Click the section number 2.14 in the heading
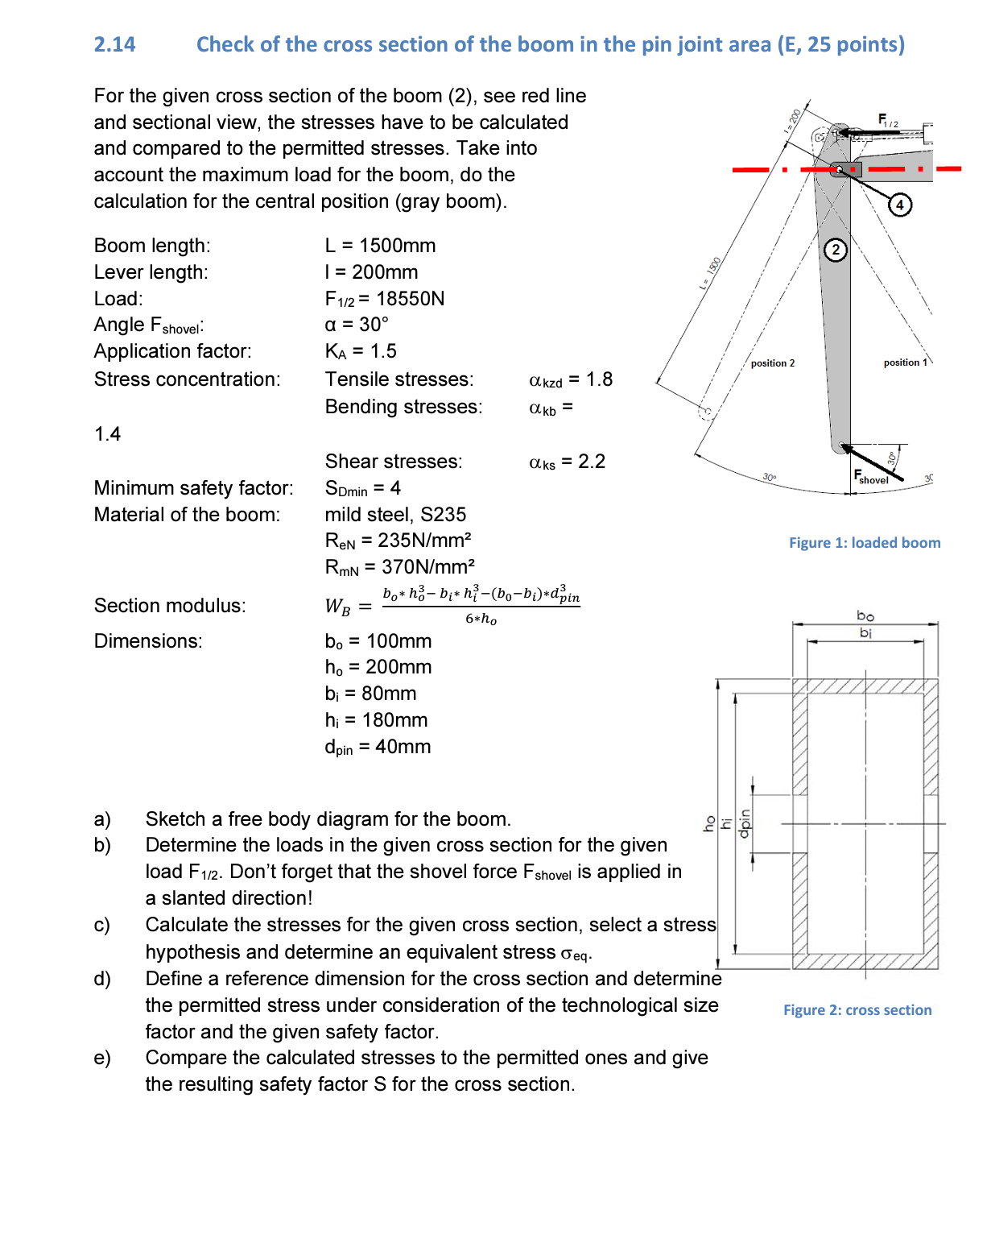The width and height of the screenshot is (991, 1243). pyautogui.click(x=114, y=44)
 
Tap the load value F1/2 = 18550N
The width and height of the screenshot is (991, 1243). pyautogui.click(x=384, y=299)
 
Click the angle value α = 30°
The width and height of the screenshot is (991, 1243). pyautogui.click(x=356, y=325)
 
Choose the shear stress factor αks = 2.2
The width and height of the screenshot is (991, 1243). pyautogui.click(x=567, y=462)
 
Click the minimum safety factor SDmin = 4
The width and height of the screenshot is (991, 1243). pyautogui.click(x=362, y=488)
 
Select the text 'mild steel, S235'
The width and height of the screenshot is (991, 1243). pyautogui.click(x=395, y=515)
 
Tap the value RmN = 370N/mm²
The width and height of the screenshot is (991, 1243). pyautogui.click(x=399, y=567)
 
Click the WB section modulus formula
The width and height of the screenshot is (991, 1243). pyautogui.click(x=452, y=606)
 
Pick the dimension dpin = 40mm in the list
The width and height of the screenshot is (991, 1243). pyautogui.click(x=378, y=747)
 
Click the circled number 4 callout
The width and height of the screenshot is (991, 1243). pyautogui.click(x=899, y=205)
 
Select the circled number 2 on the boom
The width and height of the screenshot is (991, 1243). pyautogui.click(x=836, y=250)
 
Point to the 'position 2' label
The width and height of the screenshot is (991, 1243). pyautogui.click(x=772, y=363)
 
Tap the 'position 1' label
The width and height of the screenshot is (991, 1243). pyautogui.click(x=905, y=363)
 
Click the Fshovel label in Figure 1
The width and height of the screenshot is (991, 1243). pyautogui.click(x=871, y=478)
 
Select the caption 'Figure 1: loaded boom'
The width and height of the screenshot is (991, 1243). pyautogui.click(x=864, y=543)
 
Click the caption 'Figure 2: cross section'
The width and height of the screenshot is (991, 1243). pyautogui.click(x=857, y=1010)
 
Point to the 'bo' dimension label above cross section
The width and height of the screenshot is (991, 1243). pyautogui.click(x=865, y=616)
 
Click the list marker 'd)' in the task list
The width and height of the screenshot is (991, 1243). pyautogui.click(x=102, y=979)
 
